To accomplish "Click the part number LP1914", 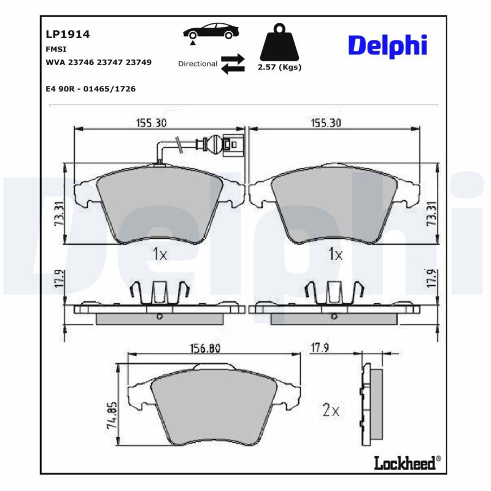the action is tap(68, 34).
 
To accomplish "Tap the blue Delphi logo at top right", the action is tap(388, 45).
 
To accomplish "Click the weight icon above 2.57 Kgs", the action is tap(279, 42).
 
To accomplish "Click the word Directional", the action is tap(198, 64).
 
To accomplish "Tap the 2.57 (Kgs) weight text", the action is tap(280, 67).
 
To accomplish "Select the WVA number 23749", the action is tap(139, 63).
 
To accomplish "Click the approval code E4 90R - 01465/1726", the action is tap(91, 89).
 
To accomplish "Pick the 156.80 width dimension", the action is tap(205, 348).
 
